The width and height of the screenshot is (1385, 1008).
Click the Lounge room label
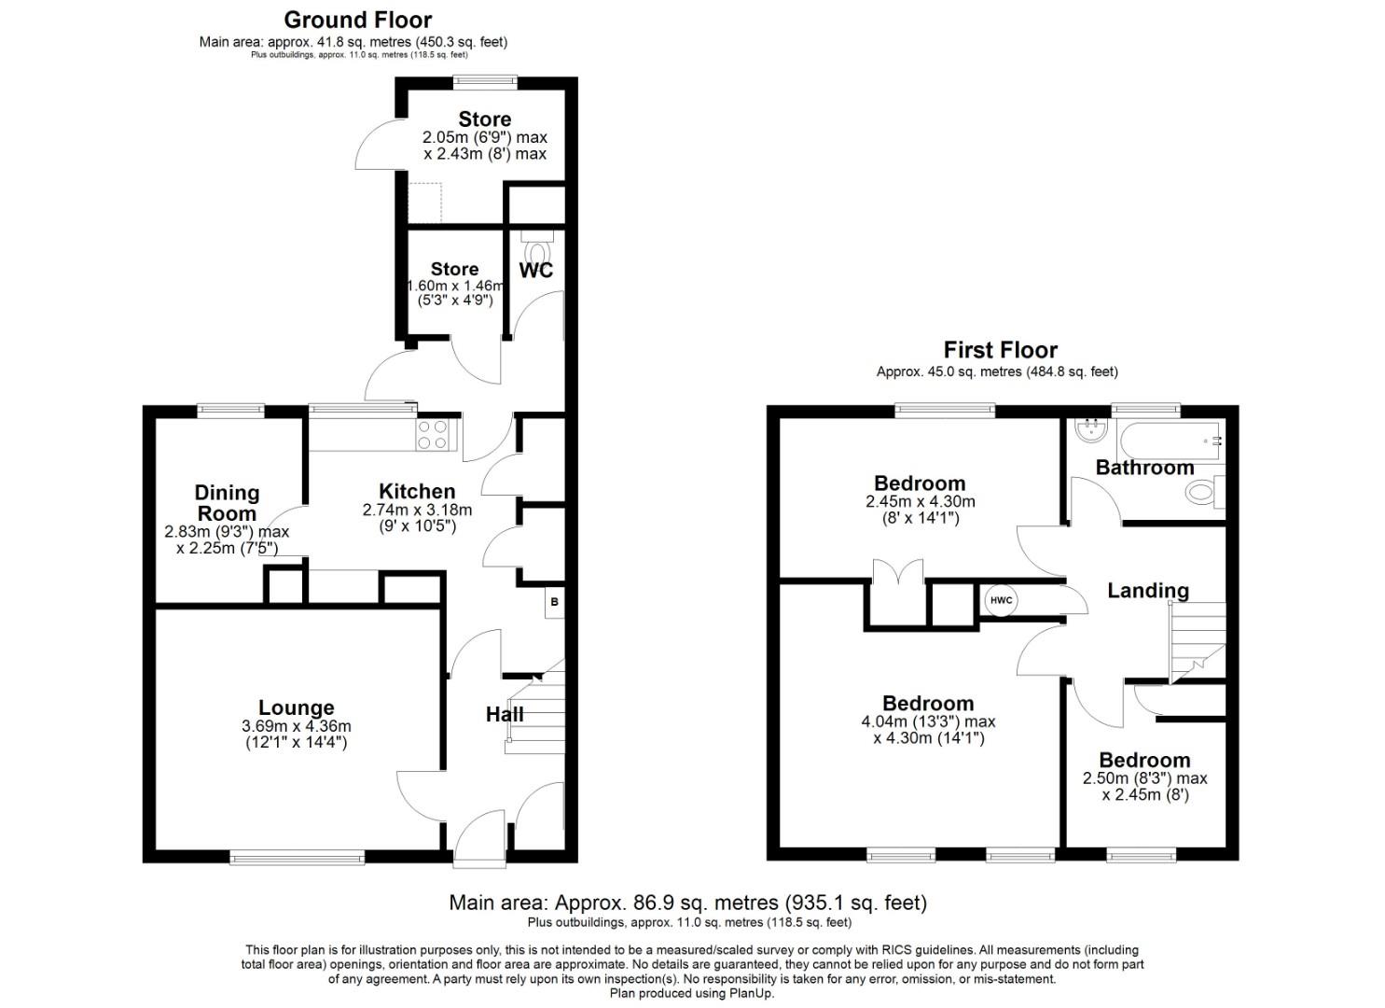(x=296, y=708)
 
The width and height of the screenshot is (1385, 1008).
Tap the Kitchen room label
(x=417, y=492)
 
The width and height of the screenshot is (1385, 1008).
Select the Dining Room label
(x=227, y=503)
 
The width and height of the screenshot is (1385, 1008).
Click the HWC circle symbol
(x=1001, y=600)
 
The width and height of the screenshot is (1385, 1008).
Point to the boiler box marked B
(x=554, y=603)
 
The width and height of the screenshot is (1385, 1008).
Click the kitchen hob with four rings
(x=433, y=435)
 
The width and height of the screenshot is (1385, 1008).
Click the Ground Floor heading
(x=357, y=20)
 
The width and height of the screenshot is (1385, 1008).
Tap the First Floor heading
(x=1000, y=350)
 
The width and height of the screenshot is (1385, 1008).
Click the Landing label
(x=1147, y=591)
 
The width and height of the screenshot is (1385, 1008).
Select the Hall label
(x=505, y=715)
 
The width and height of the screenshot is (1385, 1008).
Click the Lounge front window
(x=297, y=857)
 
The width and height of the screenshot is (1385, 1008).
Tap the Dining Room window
(x=230, y=410)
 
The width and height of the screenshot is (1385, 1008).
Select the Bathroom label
(x=1144, y=468)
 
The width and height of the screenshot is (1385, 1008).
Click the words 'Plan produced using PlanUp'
(x=691, y=993)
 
